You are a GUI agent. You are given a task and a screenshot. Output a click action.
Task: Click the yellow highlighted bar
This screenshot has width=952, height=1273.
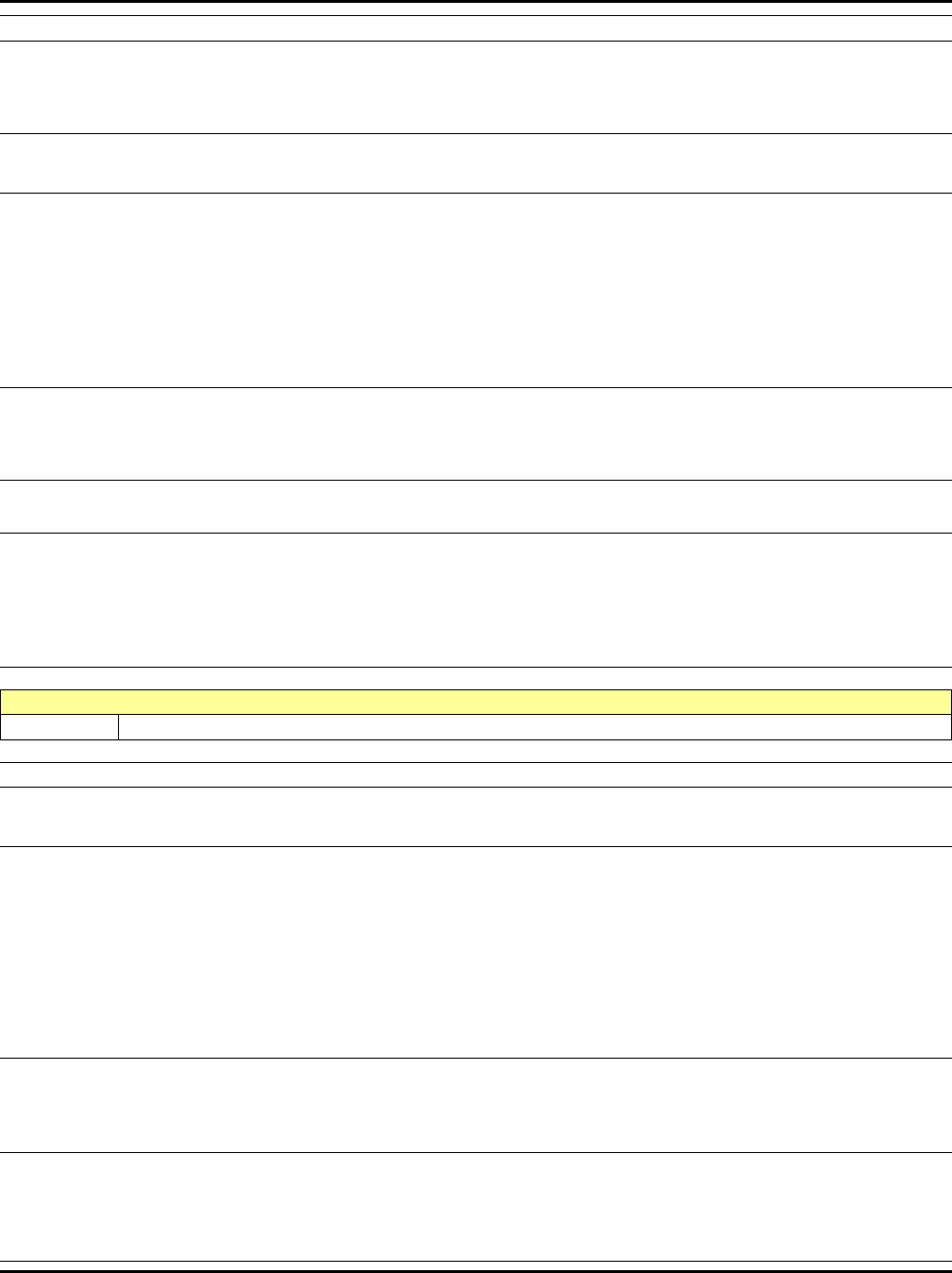tap(476, 702)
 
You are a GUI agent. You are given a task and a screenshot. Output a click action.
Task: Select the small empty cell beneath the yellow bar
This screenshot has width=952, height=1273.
tap(59, 726)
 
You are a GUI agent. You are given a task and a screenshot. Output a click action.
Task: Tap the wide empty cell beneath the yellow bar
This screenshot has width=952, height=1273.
tap(535, 726)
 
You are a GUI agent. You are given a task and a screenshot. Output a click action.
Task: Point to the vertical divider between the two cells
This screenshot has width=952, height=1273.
tap(119, 726)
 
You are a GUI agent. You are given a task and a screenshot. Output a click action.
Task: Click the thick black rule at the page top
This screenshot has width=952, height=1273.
tap(476, 2)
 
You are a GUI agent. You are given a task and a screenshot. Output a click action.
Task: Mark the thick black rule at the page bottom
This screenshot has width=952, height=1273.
tap(476, 1270)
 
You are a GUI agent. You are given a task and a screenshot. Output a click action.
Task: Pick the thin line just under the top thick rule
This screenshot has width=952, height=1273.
tap(476, 16)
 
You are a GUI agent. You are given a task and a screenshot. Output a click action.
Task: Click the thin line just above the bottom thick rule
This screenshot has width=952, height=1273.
tap(476, 1262)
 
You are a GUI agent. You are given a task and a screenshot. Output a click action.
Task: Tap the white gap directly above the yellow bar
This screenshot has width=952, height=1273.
tap(476, 678)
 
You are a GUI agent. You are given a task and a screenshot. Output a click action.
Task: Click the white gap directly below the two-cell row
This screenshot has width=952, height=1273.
tap(476, 751)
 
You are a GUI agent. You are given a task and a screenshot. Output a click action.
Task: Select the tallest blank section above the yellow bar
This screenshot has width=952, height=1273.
tap(476, 291)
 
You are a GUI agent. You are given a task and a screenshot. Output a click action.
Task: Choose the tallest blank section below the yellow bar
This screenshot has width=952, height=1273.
tap(476, 952)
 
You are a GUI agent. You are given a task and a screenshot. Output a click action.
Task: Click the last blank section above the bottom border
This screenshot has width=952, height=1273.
tap(476, 1207)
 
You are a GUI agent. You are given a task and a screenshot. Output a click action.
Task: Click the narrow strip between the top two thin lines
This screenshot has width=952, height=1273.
tap(476, 28)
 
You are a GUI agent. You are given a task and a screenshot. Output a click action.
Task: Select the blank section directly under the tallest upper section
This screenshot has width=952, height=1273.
tap(476, 433)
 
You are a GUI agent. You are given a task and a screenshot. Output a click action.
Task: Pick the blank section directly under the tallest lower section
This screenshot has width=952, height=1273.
tap(476, 1105)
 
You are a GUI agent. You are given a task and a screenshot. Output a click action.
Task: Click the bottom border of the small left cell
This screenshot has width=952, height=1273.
tap(59, 738)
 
